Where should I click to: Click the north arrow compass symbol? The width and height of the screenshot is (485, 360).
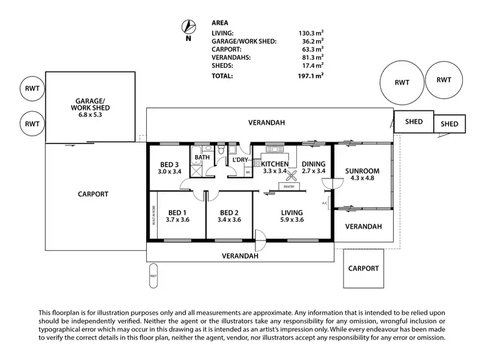point(189,26)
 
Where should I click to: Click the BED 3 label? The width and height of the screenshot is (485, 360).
point(169,168)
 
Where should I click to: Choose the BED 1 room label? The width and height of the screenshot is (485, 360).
point(177,216)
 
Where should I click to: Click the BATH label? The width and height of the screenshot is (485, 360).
point(202,157)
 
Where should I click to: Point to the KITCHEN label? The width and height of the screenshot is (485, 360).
point(275,164)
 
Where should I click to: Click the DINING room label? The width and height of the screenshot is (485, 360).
point(313,164)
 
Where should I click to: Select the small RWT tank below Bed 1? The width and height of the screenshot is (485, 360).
point(154,275)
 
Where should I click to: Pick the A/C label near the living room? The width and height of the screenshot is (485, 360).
point(324,204)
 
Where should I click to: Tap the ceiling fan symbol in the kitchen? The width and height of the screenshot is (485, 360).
point(292,176)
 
